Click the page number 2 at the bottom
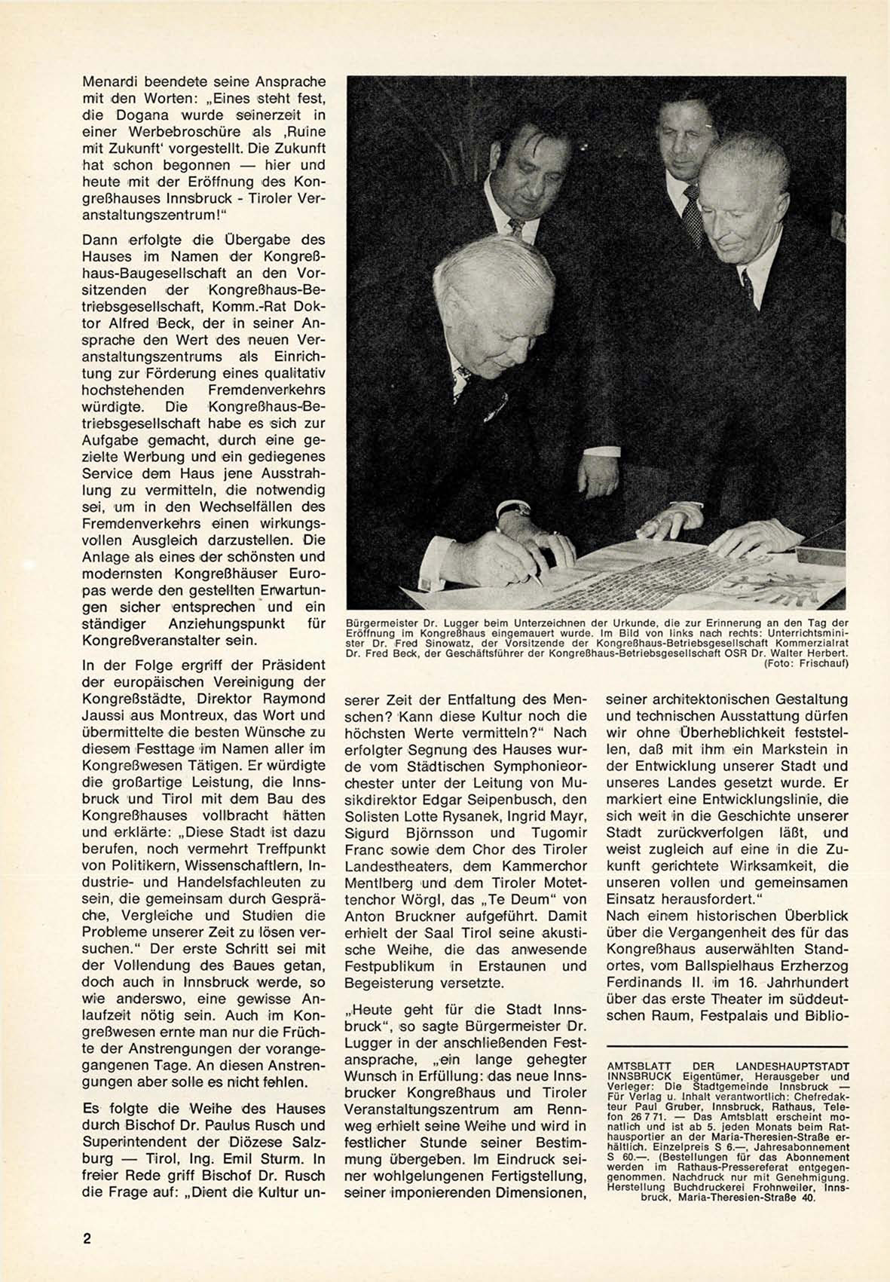[x=87, y=1238]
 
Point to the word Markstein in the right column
[x=769, y=749]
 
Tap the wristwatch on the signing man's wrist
[x=517, y=509]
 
